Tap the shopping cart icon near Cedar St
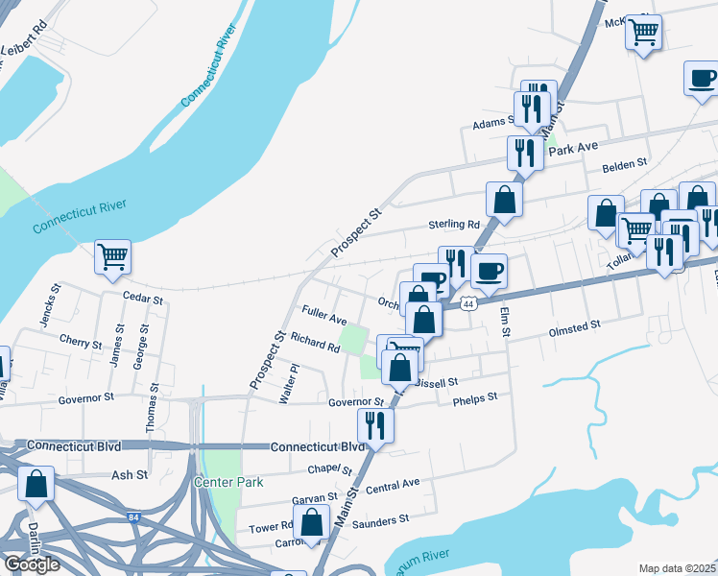(x=113, y=257)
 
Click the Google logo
(x=32, y=564)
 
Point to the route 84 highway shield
(x=132, y=516)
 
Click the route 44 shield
(x=467, y=303)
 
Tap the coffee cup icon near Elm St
(x=489, y=271)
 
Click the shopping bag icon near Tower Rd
(x=312, y=524)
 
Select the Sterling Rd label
(x=454, y=224)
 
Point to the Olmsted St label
(x=573, y=326)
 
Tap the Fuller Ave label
(x=323, y=315)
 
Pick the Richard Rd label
(x=315, y=341)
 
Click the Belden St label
(x=625, y=166)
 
